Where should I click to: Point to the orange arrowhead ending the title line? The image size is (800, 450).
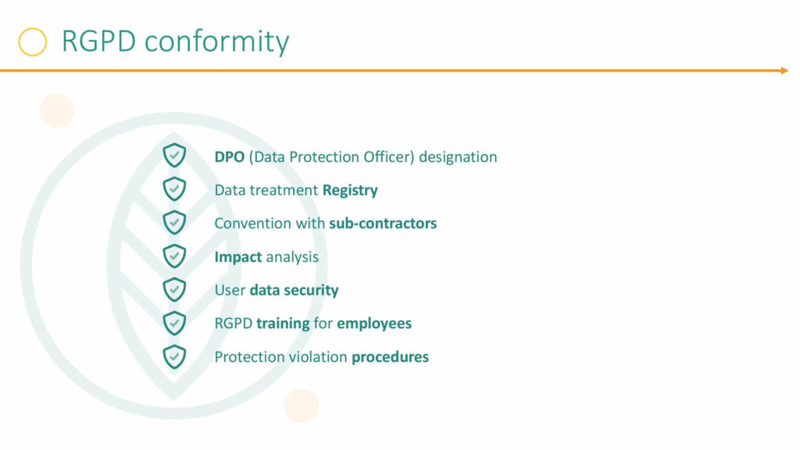point(784,70)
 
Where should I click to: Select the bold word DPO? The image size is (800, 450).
point(230,156)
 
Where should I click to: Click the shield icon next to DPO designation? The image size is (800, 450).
point(174,155)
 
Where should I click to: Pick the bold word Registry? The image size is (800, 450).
point(350,191)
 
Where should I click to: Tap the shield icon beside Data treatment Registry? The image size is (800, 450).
point(174,189)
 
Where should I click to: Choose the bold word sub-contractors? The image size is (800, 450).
point(383,223)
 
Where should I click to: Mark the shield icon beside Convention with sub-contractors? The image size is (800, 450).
point(174,223)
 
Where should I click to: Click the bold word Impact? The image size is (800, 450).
point(238,257)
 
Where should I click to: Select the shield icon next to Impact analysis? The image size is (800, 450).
point(174,255)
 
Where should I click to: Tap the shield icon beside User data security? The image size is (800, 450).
point(174,289)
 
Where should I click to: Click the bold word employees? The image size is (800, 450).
point(374,323)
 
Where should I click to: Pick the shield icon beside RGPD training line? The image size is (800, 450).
point(174,323)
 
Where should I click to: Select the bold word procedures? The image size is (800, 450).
point(391,357)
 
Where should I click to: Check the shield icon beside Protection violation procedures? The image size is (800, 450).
point(174,356)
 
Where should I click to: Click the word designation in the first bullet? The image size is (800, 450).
point(458,157)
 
